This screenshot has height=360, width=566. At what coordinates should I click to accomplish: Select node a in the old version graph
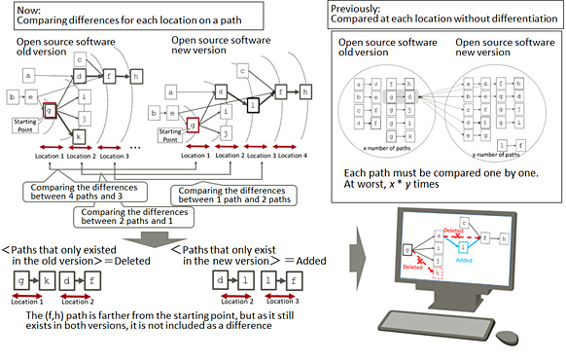click(28, 74)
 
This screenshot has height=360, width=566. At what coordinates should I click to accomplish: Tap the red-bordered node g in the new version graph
click(193, 122)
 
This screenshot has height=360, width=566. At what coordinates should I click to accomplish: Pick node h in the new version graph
click(306, 91)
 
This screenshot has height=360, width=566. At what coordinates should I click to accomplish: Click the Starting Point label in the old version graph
click(26, 123)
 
